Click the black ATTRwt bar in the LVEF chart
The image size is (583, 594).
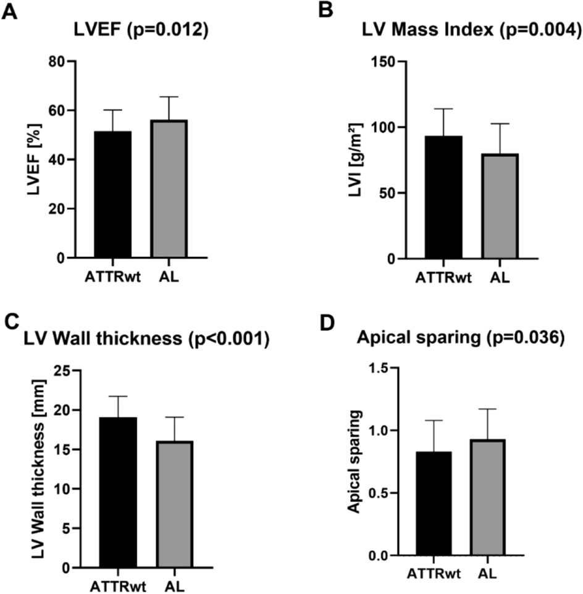pyautogui.click(x=112, y=195)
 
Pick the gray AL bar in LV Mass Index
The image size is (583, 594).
pyautogui.click(x=500, y=206)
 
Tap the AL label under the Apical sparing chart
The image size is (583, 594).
pyautogui.click(x=487, y=574)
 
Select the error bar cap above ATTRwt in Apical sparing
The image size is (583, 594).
pyautogui.click(x=433, y=420)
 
